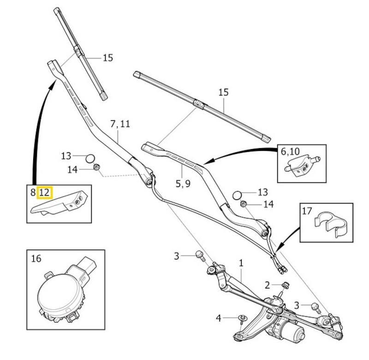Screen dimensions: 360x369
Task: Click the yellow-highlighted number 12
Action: pyautogui.click(x=46, y=192)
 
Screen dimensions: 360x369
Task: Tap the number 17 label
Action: pyautogui.click(x=307, y=211)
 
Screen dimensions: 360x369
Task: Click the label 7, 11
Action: pyautogui.click(x=120, y=124)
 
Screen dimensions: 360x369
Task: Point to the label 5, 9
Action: pyautogui.click(x=183, y=183)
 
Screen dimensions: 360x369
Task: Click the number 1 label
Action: pyautogui.click(x=240, y=263)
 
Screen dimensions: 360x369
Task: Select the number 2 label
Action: pyautogui.click(x=267, y=284)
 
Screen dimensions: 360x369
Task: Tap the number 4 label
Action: pyautogui.click(x=219, y=318)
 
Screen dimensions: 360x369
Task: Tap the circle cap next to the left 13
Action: pyautogui.click(x=90, y=158)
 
